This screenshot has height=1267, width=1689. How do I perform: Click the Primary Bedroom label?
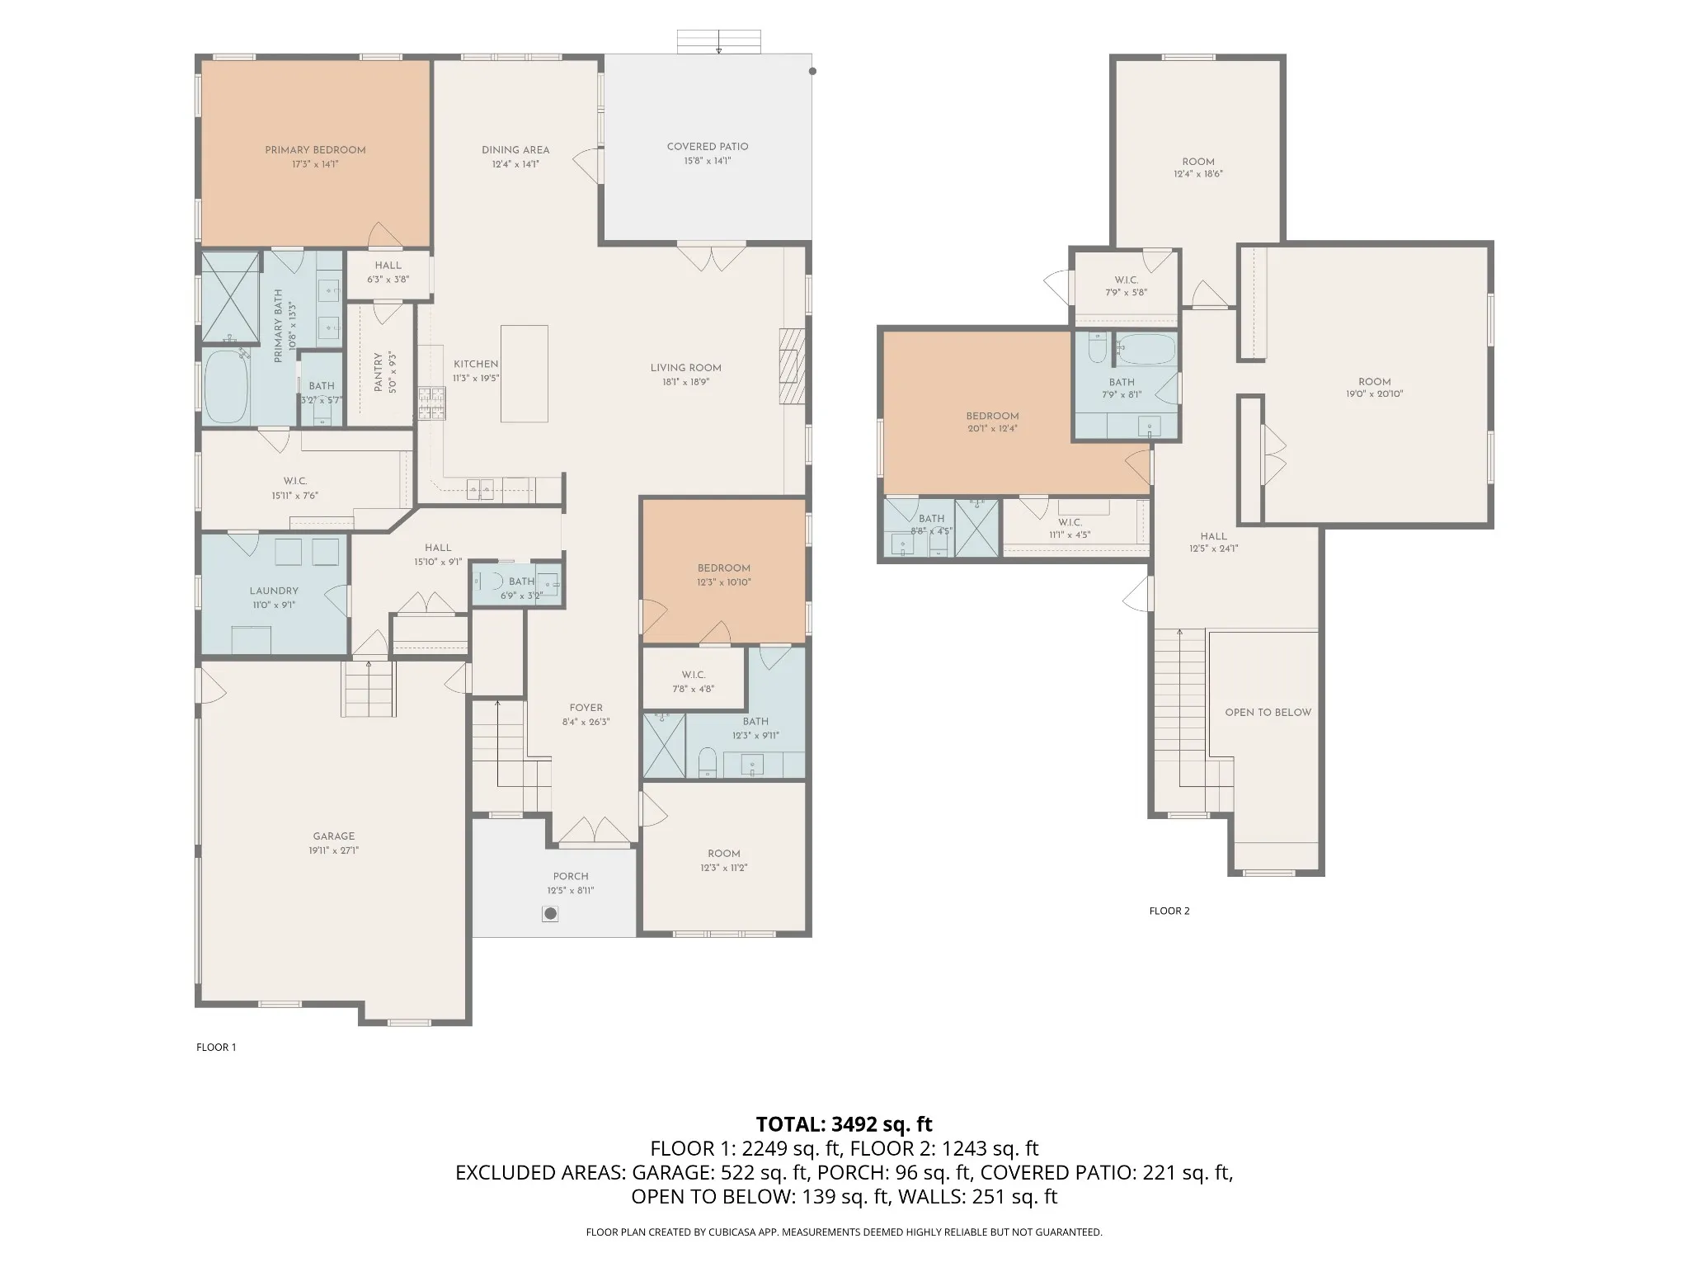point(315,150)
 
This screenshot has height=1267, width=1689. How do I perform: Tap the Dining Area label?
point(515,150)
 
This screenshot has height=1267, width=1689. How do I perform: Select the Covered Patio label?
point(708,147)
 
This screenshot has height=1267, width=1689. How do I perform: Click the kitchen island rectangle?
point(525,374)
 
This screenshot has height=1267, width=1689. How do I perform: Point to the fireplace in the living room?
point(792,366)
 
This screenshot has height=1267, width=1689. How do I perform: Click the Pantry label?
point(379,373)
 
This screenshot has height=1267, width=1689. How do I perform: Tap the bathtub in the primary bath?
point(226,388)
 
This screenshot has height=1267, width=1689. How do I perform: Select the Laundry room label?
point(274,591)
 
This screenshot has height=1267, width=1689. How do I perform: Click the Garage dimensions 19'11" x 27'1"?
point(333,850)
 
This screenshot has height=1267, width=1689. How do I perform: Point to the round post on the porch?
point(550,914)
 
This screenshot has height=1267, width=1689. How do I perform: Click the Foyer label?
point(586,708)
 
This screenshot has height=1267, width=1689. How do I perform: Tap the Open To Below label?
point(1268,713)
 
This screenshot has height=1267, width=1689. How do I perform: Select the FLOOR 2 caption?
point(1169,911)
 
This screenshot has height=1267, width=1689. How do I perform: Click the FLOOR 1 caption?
point(216,1048)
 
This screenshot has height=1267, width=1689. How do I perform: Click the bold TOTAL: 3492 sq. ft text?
point(844,1123)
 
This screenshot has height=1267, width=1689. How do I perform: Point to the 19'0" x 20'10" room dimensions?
point(1374,394)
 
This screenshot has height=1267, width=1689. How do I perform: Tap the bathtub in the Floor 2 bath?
point(1146,350)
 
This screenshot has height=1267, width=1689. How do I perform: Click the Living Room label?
point(685,368)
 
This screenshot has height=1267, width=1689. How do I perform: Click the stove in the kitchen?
point(430,404)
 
